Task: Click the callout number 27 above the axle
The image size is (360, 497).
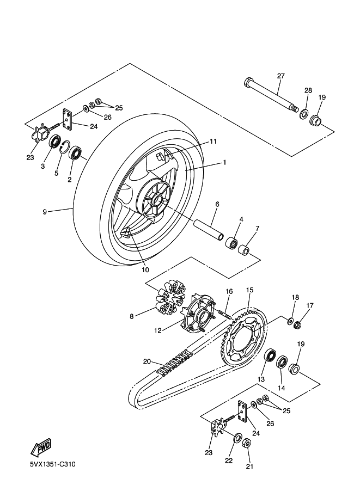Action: [x=280, y=76]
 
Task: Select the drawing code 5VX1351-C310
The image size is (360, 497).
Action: [x=53, y=464]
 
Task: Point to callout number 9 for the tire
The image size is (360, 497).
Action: [x=45, y=212]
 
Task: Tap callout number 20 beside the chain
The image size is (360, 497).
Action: [x=147, y=361]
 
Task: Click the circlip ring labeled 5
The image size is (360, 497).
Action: [x=65, y=148]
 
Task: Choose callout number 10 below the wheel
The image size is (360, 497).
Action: [x=145, y=270]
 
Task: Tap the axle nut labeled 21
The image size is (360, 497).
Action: [x=247, y=443]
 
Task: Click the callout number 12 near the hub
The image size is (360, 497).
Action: [x=158, y=330]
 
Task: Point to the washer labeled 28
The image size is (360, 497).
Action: [x=304, y=113]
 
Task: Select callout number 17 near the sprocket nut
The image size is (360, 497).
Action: [x=309, y=305]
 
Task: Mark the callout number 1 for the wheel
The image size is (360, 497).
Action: [x=224, y=163]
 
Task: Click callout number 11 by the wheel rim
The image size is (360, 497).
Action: [x=213, y=142]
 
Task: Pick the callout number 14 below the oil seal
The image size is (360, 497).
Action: [x=282, y=388]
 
